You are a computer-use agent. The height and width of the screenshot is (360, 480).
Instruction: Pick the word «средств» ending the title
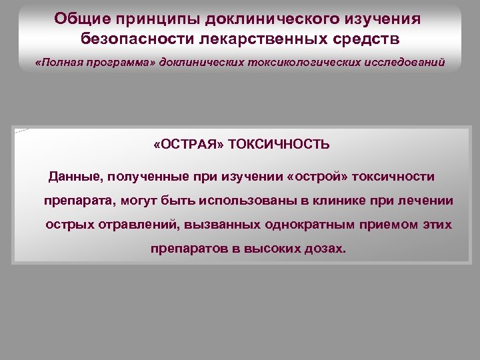point(367,38)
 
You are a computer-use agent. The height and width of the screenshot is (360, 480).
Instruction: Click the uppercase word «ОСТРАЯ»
point(192,145)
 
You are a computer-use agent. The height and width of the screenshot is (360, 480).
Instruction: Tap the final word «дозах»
point(326,249)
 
